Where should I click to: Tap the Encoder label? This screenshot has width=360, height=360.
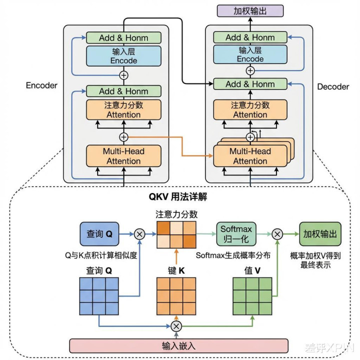tap(41, 85)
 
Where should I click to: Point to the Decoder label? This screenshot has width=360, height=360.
tap(333, 87)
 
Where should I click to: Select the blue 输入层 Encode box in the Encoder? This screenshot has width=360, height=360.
tap(124, 55)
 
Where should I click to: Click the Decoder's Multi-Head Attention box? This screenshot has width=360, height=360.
tap(250, 156)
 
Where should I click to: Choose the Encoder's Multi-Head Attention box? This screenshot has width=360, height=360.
tap(123, 156)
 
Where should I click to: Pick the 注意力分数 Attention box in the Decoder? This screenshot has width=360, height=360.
tap(250, 110)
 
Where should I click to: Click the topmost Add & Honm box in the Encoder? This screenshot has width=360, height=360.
tap(124, 37)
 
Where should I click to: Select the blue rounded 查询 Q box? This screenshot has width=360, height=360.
tap(101, 234)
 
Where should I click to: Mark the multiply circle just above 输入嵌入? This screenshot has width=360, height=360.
tap(176, 326)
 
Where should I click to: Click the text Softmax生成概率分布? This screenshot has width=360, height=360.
tap(233, 255)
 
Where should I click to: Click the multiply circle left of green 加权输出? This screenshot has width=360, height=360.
tap(277, 233)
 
